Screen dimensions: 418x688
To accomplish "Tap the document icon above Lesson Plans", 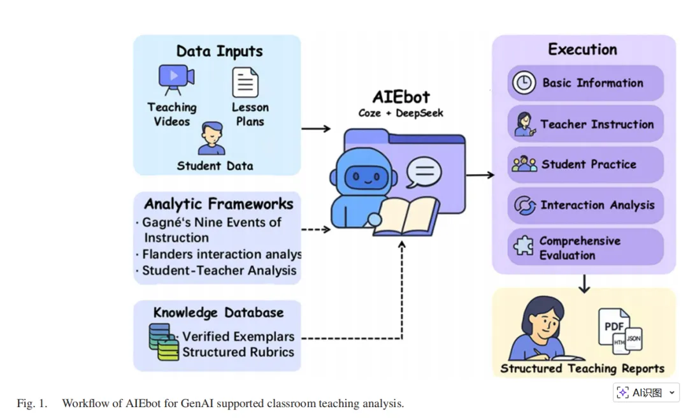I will coord(245,82).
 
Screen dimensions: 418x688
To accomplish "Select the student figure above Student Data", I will coord(211,140).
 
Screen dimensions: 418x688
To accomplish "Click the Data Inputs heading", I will coord(219,52).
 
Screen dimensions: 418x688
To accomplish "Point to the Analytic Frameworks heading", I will coord(219,204).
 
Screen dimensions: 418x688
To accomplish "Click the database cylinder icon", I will coord(164,342).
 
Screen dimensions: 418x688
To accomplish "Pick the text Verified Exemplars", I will coord(238,336).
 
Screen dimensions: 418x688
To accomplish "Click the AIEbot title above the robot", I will coord(401,97).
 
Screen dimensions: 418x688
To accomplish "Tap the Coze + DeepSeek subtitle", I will coord(401,113).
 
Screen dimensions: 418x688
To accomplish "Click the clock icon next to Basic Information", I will coord(524,83).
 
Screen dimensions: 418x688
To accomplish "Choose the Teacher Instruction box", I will coord(585,124).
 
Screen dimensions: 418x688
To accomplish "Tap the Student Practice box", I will coord(585,164).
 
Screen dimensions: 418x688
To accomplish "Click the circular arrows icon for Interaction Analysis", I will coord(525,205).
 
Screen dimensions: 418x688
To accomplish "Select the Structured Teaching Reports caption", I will coord(582,368).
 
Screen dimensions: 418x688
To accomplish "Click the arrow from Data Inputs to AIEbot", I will coord(315,129).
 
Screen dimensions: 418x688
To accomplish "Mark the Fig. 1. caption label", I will coord(32,403).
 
